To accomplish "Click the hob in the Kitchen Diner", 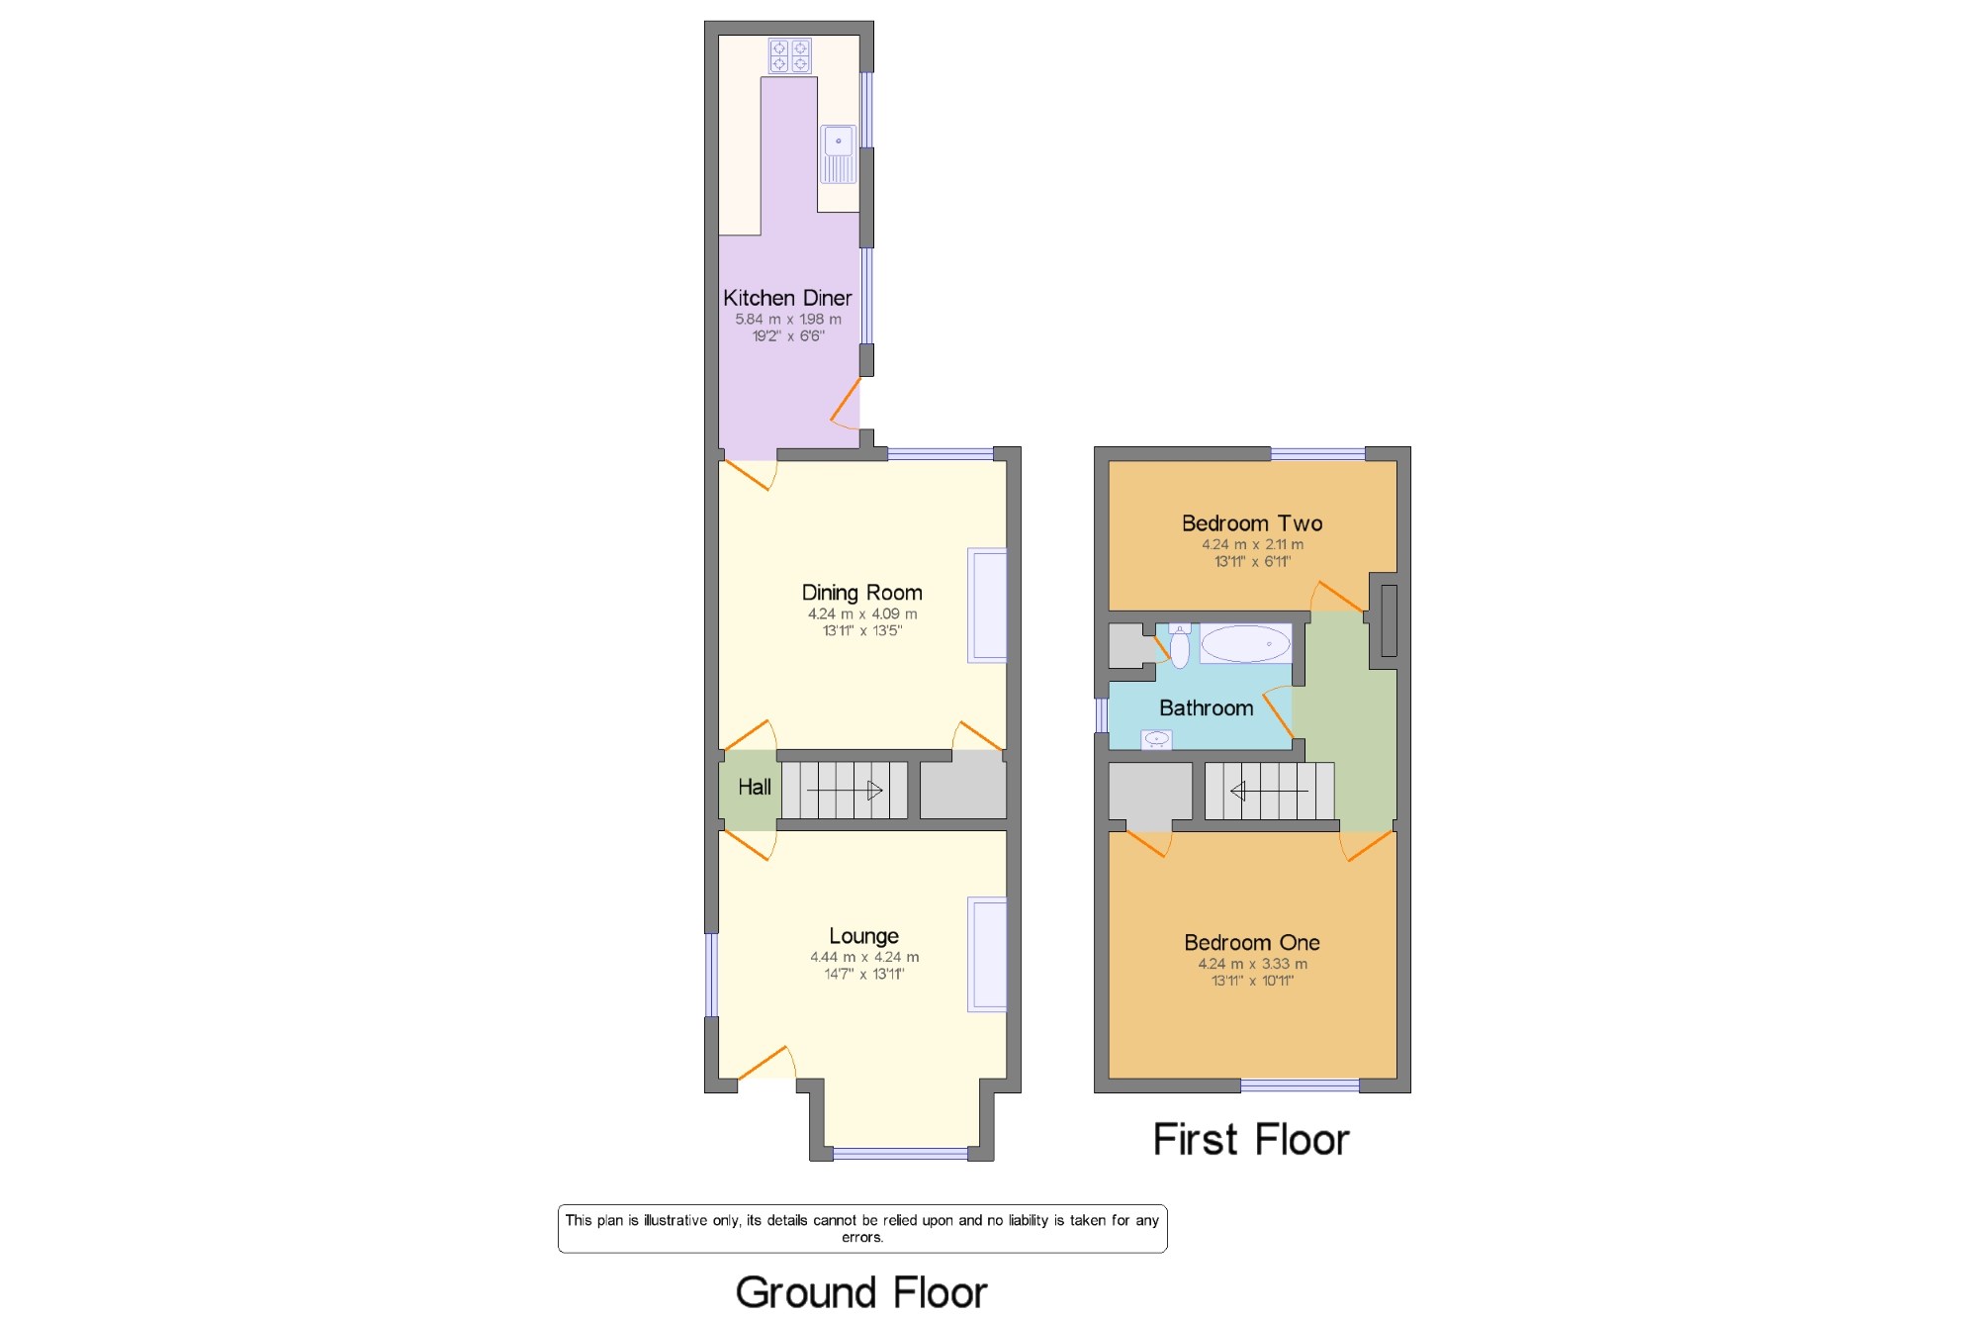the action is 789,55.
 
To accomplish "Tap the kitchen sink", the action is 838,154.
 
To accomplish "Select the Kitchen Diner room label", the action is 787,298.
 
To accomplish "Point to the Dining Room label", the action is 861,593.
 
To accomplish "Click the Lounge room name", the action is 863,936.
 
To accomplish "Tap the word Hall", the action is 755,788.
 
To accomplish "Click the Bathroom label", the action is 1206,708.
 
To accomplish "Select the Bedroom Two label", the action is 1252,523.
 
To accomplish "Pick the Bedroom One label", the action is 1252,943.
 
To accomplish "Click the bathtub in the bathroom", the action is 1245,644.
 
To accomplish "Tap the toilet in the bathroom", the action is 1180,646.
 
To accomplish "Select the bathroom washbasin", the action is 1156,739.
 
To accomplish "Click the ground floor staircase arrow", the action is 845,791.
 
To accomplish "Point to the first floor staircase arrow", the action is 1269,791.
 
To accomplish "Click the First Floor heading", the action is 1251,1140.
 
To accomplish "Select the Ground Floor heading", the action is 861,1292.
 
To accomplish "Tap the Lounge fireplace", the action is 987,955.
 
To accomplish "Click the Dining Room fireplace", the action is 987,606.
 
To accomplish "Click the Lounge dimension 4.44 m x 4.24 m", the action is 864,958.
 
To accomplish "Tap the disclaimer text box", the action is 862,1229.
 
